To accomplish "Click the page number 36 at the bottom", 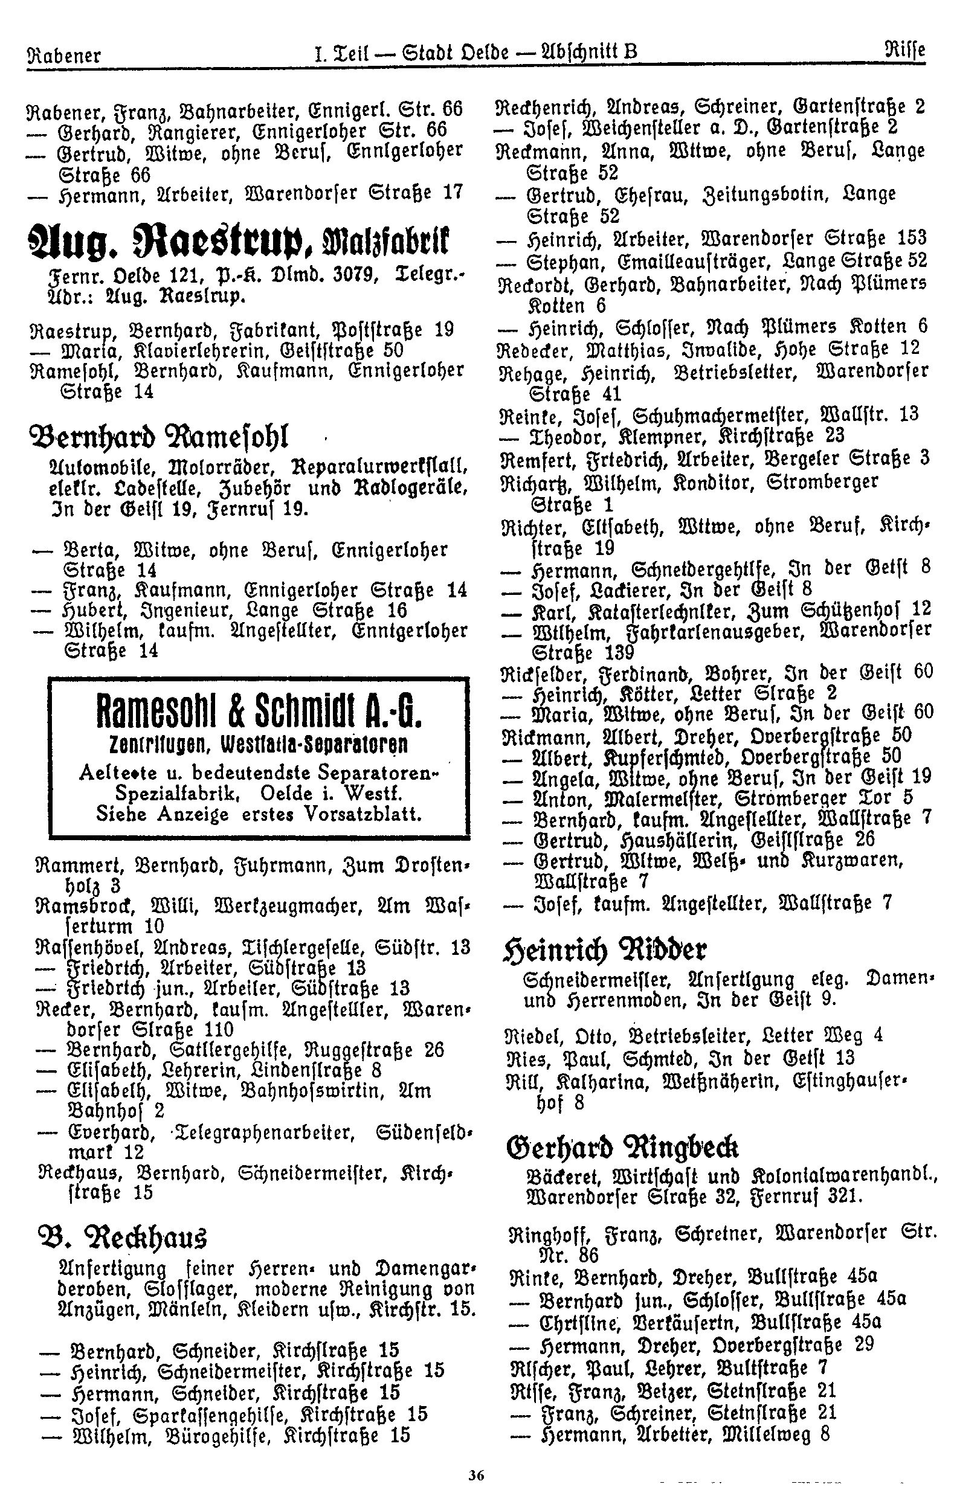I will pos(475,1473).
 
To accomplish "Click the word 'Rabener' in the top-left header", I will pos(64,55).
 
